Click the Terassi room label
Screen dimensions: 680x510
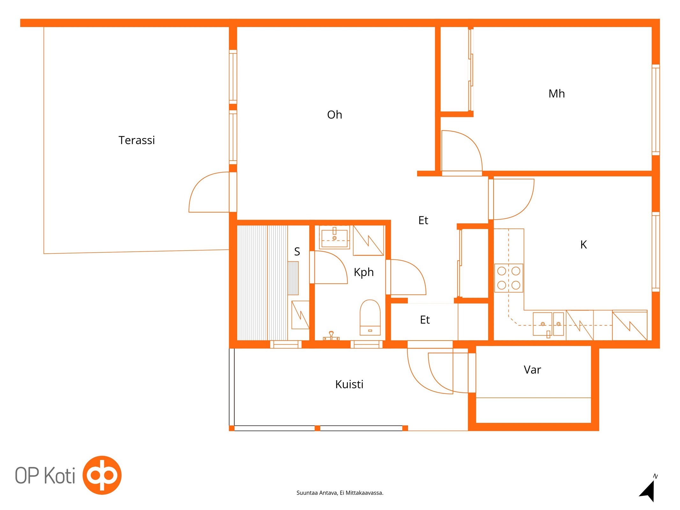tap(136, 140)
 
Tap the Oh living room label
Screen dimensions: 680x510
tap(334, 115)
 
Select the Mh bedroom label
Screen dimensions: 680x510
tap(556, 94)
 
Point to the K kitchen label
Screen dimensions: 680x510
tap(583, 244)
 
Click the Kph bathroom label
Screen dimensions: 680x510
tap(363, 272)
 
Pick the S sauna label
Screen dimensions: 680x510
tap(297, 251)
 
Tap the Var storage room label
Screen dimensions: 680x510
tap(532, 370)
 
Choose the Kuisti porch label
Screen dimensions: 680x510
tap(349, 384)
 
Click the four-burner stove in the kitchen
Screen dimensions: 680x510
tap(508, 278)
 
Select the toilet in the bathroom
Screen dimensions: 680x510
tap(370, 317)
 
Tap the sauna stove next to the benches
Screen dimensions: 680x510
tap(293, 278)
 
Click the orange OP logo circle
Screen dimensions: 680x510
tap(102, 475)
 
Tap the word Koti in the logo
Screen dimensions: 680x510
tap(60, 476)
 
